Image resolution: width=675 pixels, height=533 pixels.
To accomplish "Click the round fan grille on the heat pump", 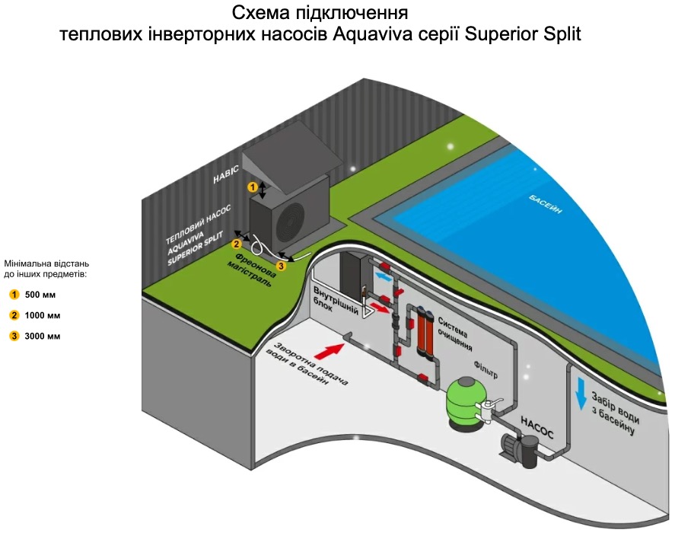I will [x=292, y=221].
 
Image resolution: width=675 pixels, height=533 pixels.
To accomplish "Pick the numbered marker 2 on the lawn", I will [x=237, y=244].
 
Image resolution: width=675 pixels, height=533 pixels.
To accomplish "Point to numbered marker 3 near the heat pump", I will [x=281, y=266].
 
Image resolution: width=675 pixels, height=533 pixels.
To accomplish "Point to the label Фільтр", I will [x=485, y=373].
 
